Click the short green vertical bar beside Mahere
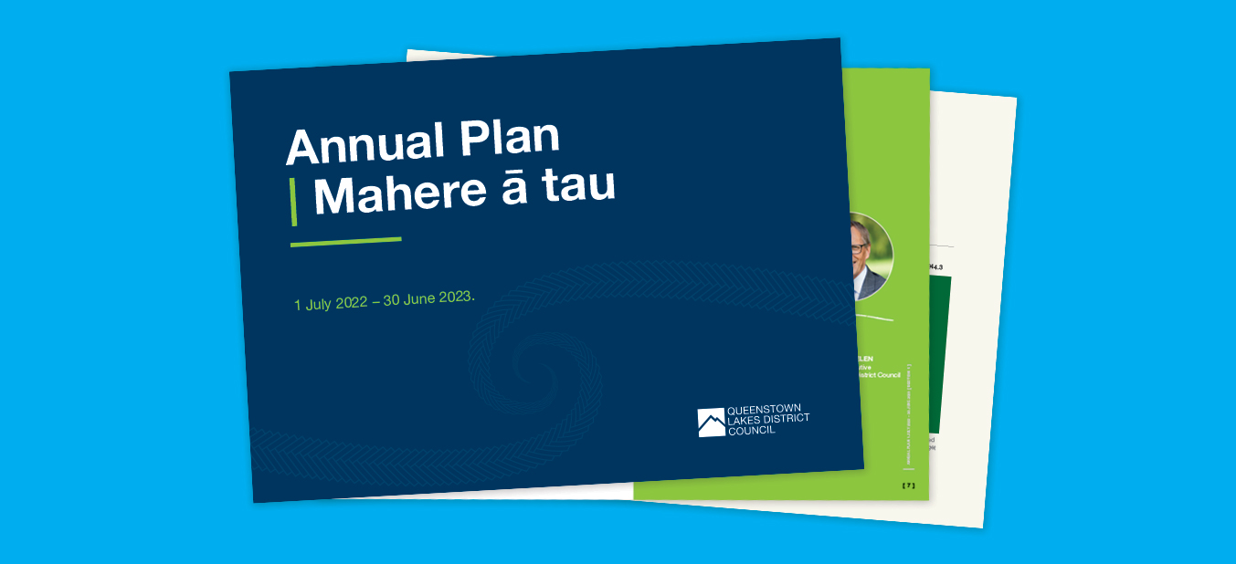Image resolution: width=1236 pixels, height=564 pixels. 293,202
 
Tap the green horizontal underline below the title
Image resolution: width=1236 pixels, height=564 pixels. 345,242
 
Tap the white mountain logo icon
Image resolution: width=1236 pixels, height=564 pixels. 711,423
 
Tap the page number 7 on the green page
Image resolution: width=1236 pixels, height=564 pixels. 908,486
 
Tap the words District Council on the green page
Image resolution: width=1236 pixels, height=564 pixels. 879,374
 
